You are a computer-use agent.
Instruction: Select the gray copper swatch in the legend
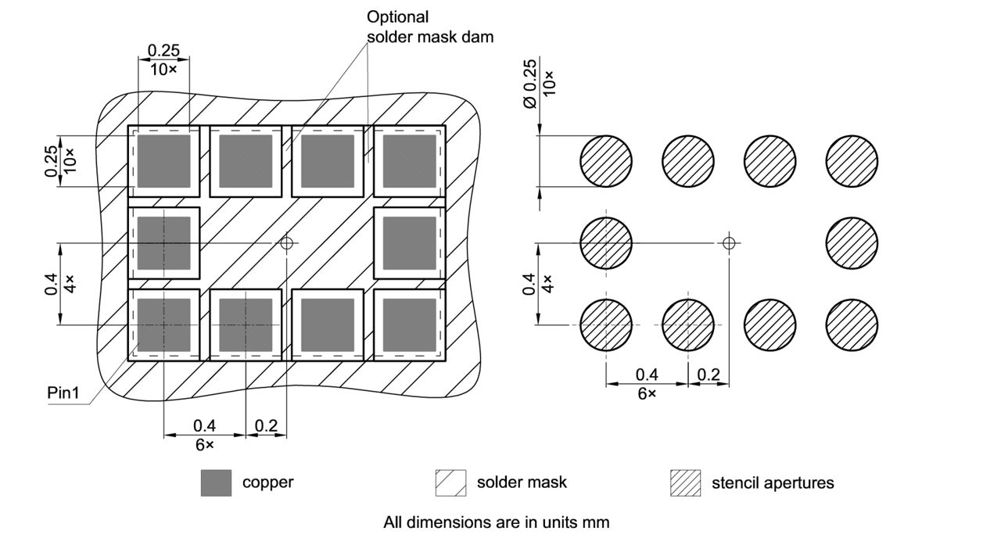[216, 483]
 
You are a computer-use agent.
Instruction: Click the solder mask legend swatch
[450, 483]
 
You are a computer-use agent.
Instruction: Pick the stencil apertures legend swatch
[685, 483]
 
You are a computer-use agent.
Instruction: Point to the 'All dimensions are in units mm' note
[496, 521]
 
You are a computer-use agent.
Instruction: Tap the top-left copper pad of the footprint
[164, 161]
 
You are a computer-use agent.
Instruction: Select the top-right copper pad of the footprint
[409, 161]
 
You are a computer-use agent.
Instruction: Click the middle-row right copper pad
[409, 243]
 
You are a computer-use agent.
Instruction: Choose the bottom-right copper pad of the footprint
[409, 325]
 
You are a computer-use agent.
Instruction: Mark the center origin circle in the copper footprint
[287, 243]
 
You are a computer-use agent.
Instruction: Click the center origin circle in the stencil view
[729, 242]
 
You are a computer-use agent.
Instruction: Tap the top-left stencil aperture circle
[606, 161]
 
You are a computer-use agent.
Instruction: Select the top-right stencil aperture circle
[852, 161]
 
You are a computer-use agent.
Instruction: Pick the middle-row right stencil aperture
[852, 242]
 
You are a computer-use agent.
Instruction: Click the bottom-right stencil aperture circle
[852, 325]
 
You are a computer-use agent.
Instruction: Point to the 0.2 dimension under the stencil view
[709, 375]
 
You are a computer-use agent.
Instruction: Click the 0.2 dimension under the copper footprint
[266, 425]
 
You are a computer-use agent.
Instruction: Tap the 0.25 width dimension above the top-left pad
[163, 50]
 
